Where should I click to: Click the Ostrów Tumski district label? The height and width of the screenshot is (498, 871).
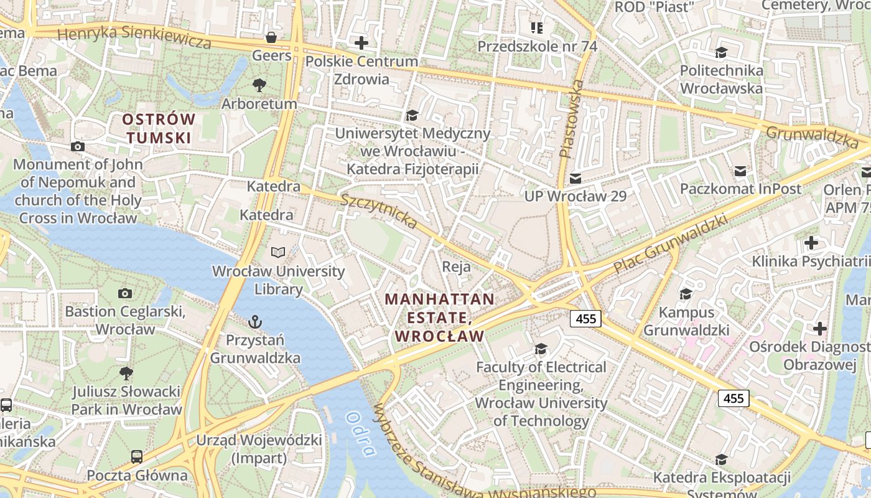pyautogui.click(x=158, y=128)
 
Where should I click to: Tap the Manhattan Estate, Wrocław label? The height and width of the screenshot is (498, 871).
pyautogui.click(x=440, y=317)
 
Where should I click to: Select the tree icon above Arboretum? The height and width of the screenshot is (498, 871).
pyautogui.click(x=259, y=85)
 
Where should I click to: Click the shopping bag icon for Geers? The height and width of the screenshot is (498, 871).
pyautogui.click(x=271, y=37)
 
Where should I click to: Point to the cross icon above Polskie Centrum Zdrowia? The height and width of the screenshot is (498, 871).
pyautogui.click(x=361, y=43)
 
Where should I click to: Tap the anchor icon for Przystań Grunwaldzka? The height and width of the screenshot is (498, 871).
pyautogui.click(x=254, y=322)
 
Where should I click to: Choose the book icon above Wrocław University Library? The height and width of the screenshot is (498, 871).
pyautogui.click(x=278, y=253)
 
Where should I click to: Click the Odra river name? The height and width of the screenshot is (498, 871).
pyautogui.click(x=361, y=435)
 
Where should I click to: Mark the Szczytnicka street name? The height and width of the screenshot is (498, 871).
pyautogui.click(x=379, y=210)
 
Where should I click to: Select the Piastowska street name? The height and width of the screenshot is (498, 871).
pyautogui.click(x=572, y=118)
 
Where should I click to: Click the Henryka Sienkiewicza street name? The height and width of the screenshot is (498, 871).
pyautogui.click(x=134, y=37)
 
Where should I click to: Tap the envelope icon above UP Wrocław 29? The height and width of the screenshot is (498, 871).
pyautogui.click(x=575, y=178)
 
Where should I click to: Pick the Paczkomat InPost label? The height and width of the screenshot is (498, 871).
pyautogui.click(x=740, y=189)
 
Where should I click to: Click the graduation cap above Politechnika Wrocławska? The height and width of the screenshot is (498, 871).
pyautogui.click(x=721, y=52)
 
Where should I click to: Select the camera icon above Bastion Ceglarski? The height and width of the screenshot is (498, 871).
pyautogui.click(x=125, y=293)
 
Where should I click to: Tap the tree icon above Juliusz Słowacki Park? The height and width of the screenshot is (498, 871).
pyautogui.click(x=126, y=374)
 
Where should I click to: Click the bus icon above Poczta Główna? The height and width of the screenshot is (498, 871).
pyautogui.click(x=137, y=457)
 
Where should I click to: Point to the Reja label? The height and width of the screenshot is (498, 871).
pyautogui.click(x=456, y=266)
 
